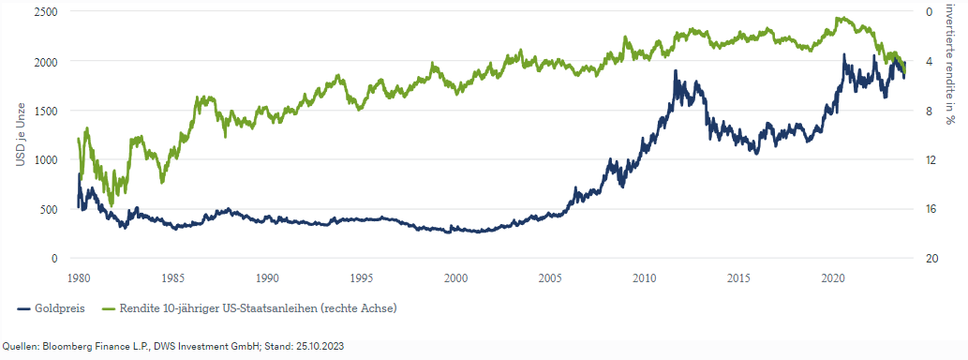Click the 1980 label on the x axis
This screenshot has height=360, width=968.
79,277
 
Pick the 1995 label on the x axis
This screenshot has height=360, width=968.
362,277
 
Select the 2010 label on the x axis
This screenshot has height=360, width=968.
644,277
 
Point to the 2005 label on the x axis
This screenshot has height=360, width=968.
550,277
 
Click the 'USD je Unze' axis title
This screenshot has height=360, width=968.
20,135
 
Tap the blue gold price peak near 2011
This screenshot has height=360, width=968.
676,71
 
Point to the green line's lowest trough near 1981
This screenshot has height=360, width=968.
112,205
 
